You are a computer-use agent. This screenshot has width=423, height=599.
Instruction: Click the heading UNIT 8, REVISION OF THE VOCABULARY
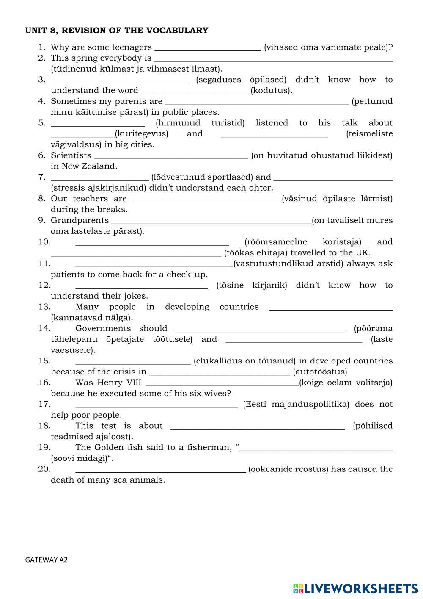117,31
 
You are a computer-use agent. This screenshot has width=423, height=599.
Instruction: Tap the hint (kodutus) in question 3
272,91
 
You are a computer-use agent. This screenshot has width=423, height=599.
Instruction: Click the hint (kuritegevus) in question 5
142,134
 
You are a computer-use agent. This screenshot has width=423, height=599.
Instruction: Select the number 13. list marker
44,307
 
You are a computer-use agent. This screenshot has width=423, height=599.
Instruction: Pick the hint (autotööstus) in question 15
320,372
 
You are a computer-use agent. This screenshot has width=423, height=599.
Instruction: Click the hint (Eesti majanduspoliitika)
296,404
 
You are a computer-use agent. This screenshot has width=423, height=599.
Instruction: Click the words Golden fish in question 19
117,447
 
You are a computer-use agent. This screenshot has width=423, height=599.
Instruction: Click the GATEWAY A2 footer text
47,560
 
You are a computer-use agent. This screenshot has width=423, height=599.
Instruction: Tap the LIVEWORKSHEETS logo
355,588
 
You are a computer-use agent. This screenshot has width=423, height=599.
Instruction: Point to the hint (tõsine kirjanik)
252,285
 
